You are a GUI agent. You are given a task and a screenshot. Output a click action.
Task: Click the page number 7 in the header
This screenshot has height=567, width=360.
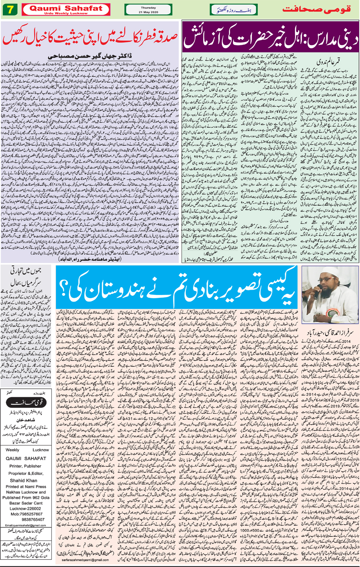tap(10, 10)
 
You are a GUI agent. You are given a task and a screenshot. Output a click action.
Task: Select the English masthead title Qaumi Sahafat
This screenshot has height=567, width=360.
tap(66, 8)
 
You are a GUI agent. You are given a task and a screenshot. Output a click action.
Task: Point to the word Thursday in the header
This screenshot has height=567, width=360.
tap(148, 7)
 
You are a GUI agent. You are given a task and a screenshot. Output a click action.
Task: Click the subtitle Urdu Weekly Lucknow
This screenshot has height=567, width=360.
tap(66, 13)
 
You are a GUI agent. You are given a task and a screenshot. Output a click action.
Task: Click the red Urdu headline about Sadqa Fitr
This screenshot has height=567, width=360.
tap(90, 38)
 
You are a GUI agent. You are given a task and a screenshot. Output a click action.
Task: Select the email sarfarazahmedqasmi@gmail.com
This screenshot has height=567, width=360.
tap(85, 560)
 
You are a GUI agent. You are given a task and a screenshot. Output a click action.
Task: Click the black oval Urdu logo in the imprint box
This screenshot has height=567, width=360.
tap(26, 402)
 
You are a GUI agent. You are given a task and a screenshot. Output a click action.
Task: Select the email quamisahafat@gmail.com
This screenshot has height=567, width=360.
tap(25, 525)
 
